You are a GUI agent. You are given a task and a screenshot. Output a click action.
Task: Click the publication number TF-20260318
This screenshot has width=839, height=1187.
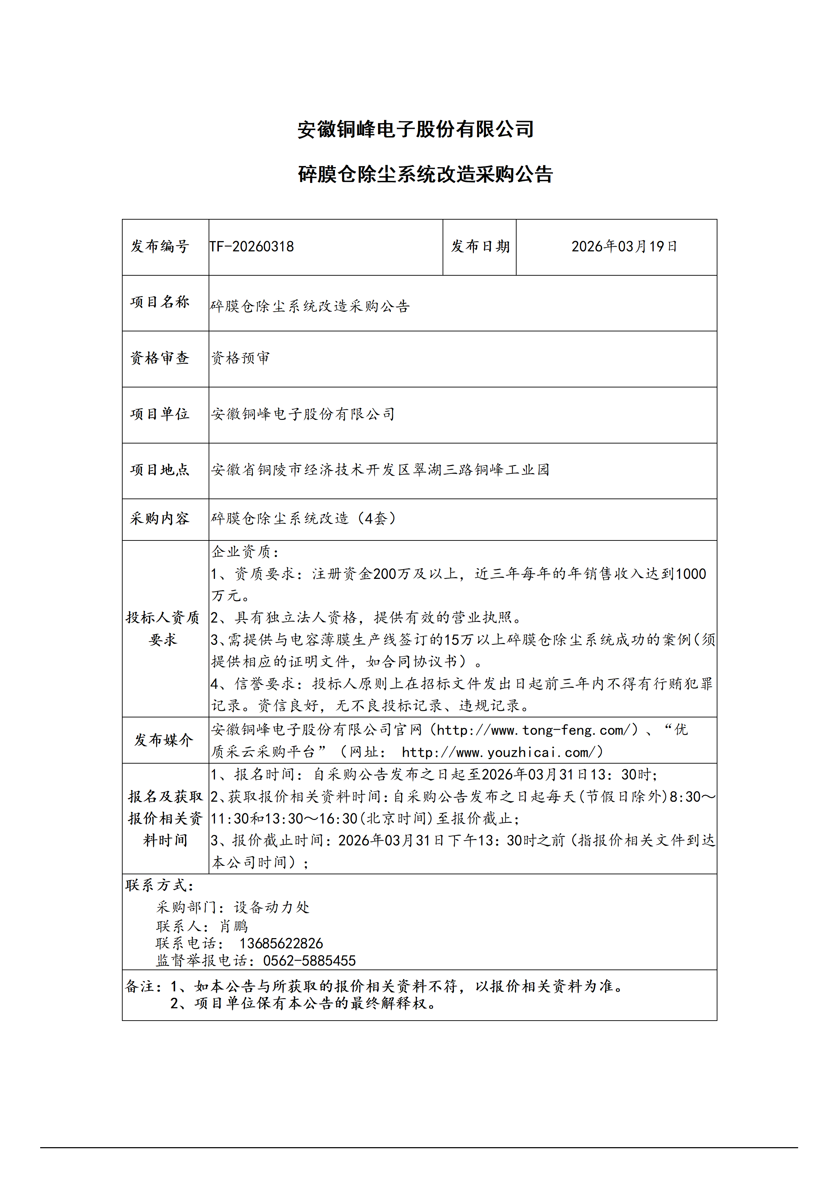click(x=252, y=247)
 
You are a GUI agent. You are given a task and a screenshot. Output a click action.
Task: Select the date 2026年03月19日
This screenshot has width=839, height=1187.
click(x=624, y=247)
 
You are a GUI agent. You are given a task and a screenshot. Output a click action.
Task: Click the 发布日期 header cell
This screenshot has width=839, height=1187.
click(x=480, y=247)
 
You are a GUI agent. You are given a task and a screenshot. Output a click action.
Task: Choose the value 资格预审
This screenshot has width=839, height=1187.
click(x=241, y=358)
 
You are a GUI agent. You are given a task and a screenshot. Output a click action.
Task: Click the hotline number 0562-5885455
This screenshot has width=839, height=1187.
click(x=309, y=961)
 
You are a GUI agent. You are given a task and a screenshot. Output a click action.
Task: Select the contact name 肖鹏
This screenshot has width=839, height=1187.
click(x=234, y=926)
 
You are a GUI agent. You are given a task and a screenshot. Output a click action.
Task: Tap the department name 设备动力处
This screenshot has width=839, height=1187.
click(x=272, y=907)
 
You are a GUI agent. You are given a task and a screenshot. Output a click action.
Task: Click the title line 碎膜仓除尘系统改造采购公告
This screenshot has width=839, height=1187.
click(x=425, y=174)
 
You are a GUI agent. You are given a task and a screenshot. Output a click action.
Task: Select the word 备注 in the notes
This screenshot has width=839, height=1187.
click(x=140, y=986)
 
